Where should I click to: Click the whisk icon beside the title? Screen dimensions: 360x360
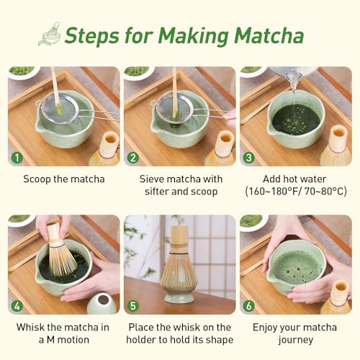pyautogui.click(x=49, y=33)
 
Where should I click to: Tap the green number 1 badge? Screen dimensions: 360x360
pyautogui.click(x=17, y=157)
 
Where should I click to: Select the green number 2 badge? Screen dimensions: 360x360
pyautogui.click(x=133, y=157)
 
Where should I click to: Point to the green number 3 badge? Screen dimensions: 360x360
pyautogui.click(x=249, y=157)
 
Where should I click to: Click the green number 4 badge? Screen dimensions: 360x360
pyautogui.click(x=17, y=305)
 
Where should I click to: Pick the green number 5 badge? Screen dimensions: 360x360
pyautogui.click(x=133, y=305)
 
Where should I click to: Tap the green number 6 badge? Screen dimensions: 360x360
pyautogui.click(x=249, y=305)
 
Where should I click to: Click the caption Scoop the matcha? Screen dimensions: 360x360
pyautogui.click(x=63, y=179)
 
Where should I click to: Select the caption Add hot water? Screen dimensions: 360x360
pyautogui.click(x=295, y=179)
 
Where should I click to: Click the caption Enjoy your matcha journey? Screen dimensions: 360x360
pyautogui.click(x=295, y=333)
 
